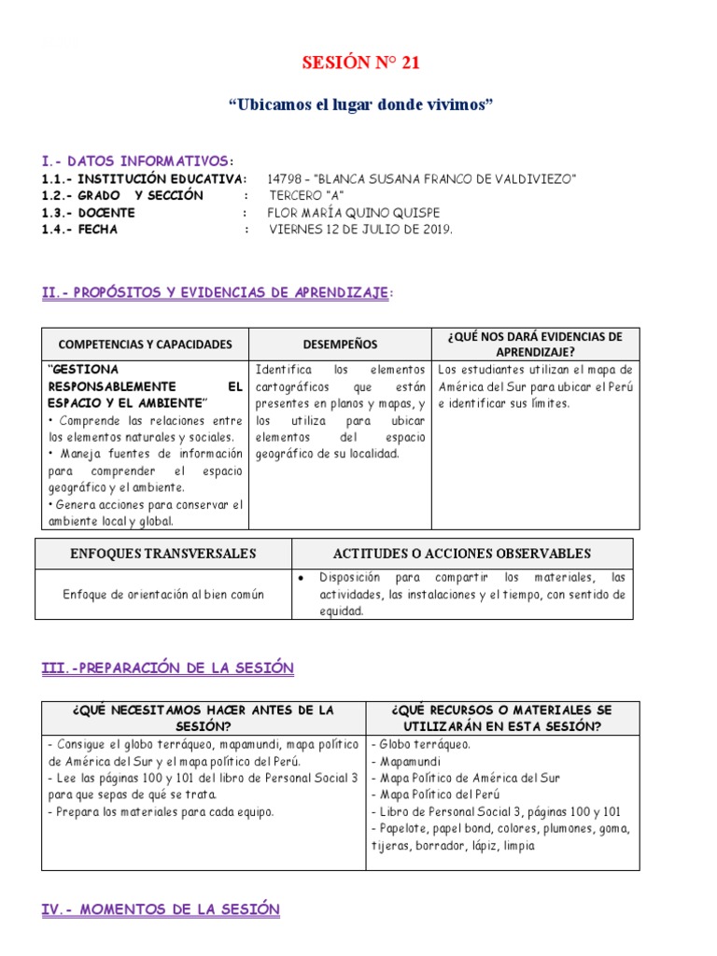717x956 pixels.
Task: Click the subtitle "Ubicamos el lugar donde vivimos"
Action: click(x=359, y=105)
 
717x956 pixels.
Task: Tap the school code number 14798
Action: click(x=286, y=178)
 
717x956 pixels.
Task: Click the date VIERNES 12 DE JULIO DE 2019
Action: click(x=360, y=230)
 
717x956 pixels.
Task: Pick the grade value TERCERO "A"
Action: click(x=307, y=195)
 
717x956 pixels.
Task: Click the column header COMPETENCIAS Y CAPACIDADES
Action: click(x=145, y=344)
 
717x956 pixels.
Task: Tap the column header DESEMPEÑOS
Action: click(x=340, y=344)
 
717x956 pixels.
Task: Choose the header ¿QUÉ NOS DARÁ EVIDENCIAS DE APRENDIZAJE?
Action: click(x=535, y=344)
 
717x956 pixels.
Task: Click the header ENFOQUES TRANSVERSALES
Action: click(x=163, y=554)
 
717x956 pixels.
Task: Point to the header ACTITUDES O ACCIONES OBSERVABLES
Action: click(x=462, y=554)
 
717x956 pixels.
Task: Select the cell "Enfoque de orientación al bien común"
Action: click(x=163, y=594)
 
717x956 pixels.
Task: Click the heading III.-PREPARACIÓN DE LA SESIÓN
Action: click(x=168, y=668)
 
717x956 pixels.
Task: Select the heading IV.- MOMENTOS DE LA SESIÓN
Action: click(x=161, y=908)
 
